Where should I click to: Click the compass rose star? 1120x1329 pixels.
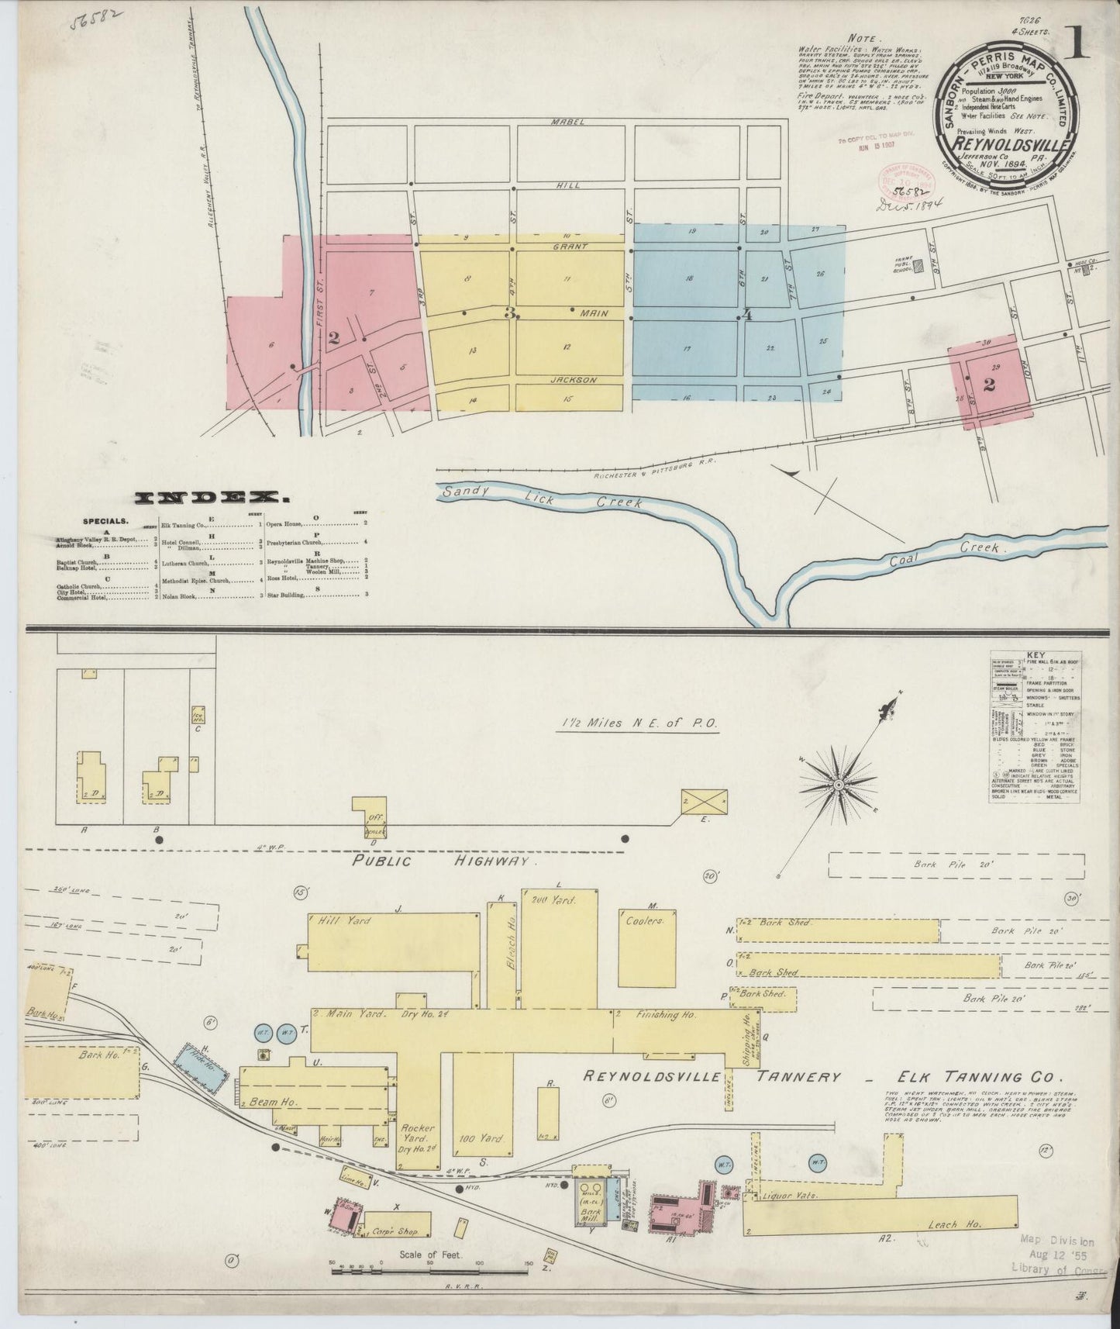[x=838, y=785]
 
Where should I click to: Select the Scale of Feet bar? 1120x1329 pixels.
[x=429, y=1270]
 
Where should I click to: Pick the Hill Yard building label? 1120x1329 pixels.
[x=344, y=921]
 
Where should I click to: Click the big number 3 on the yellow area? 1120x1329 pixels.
[x=510, y=313]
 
